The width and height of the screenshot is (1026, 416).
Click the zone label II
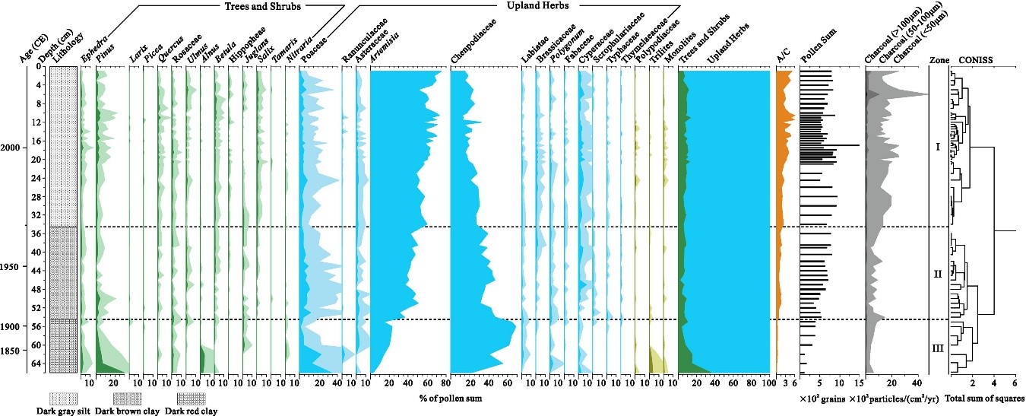pyautogui.click(x=937, y=274)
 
